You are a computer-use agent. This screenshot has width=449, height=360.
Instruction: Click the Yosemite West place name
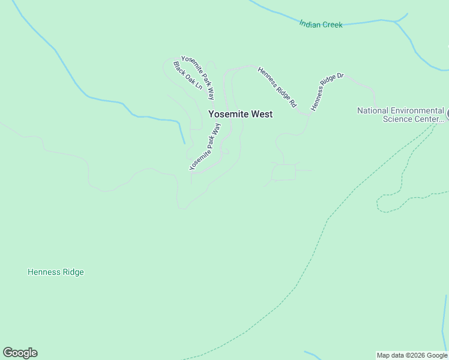(x=240, y=114)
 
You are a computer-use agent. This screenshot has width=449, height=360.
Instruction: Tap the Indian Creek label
(x=321, y=25)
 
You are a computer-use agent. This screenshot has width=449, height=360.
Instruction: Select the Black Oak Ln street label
(x=188, y=76)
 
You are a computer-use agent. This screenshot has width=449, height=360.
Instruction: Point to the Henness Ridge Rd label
(x=277, y=87)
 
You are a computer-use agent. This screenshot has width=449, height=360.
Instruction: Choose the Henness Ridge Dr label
(x=327, y=92)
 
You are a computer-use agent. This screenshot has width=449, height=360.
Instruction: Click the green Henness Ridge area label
(x=56, y=272)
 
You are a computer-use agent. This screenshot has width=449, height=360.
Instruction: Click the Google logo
(x=20, y=353)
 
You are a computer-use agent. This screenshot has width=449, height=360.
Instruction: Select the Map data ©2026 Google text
(x=412, y=355)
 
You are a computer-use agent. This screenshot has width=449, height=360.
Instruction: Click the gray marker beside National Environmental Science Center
(x=447, y=113)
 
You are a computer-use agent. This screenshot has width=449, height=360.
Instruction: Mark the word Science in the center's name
(x=397, y=119)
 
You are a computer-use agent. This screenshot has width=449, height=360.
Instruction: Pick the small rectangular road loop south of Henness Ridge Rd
(x=284, y=173)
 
